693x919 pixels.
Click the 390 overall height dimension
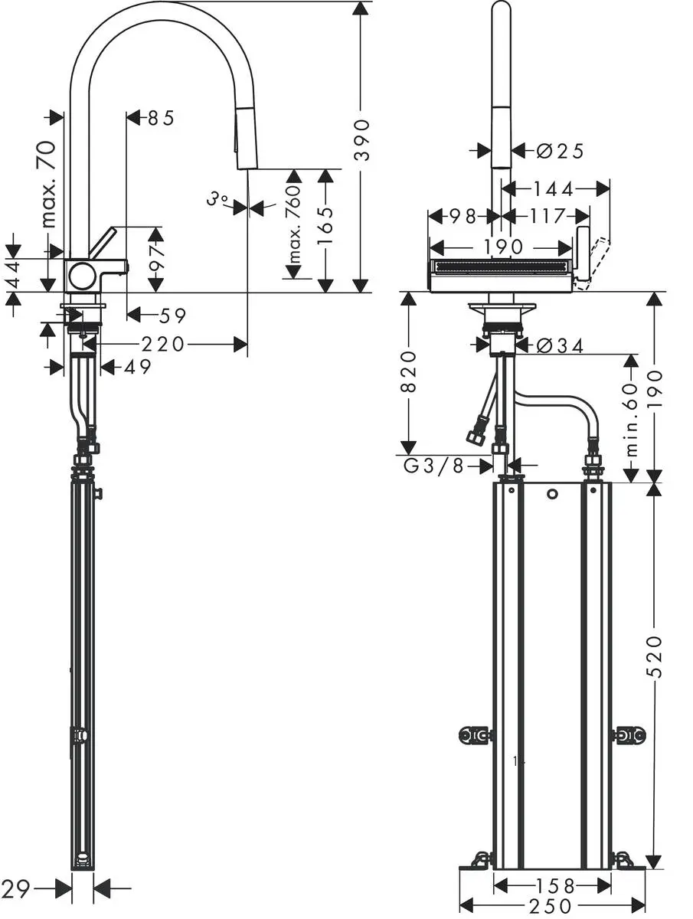point(362,139)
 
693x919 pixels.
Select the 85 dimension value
point(161,118)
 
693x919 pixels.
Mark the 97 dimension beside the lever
point(156,260)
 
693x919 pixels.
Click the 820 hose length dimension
point(409,371)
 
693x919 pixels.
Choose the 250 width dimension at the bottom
point(551,907)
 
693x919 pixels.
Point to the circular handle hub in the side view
point(80,274)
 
